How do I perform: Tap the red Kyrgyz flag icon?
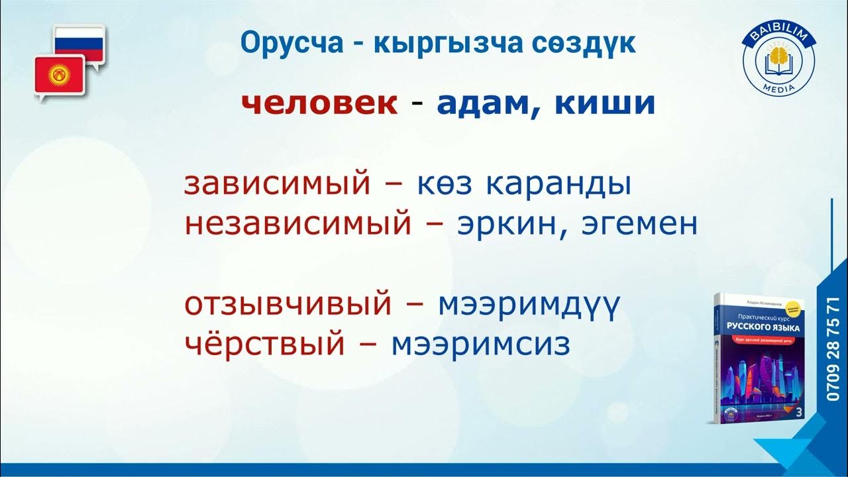[60, 74]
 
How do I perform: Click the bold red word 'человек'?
[319, 103]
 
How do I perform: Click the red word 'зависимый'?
[277, 185]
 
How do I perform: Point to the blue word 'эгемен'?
[639, 225]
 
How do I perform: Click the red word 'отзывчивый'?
[288, 305]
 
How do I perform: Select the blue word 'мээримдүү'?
[529, 305]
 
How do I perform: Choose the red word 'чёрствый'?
[264, 344]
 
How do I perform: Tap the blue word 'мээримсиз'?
[480, 344]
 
